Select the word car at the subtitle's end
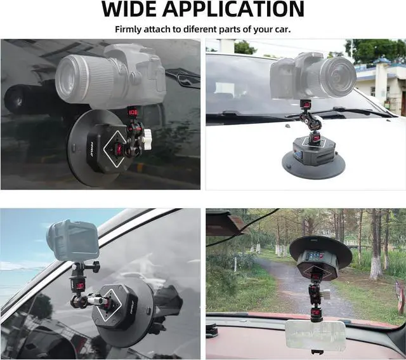click(x=282, y=29)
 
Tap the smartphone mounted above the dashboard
click(x=315, y=335)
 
